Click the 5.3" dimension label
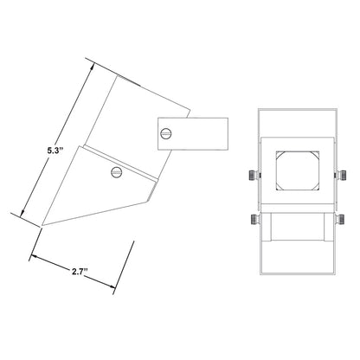(x=55, y=150)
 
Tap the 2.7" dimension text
(x=80, y=272)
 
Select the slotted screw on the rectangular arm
(x=166, y=133)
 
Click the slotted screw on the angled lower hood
(x=117, y=172)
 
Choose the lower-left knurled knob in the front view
(x=254, y=220)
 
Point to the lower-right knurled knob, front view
(x=340, y=220)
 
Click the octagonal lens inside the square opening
(x=298, y=170)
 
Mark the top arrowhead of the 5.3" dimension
(x=92, y=67)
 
